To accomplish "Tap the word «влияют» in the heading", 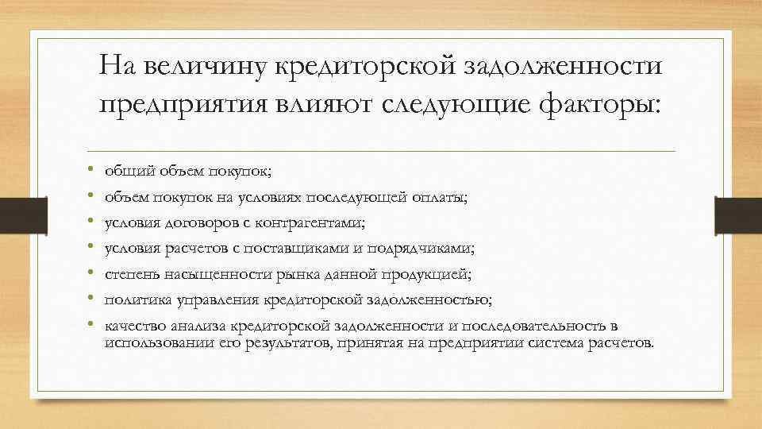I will (341, 104).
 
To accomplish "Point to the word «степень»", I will (129, 274).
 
